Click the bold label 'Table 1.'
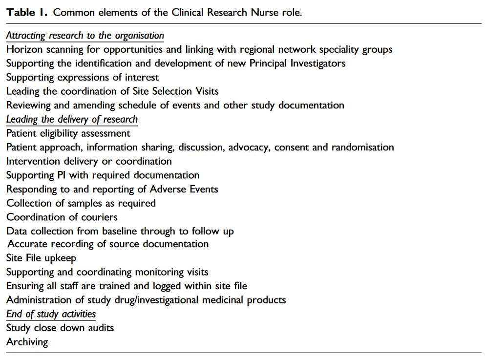coord(27,12)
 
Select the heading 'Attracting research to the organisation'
coord(85,36)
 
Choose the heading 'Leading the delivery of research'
coord(72,119)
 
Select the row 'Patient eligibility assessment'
coord(68,133)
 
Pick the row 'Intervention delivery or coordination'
coord(89,161)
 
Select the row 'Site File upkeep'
coord(42,258)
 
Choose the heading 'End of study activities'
coord(51,314)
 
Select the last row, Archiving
coord(27,341)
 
